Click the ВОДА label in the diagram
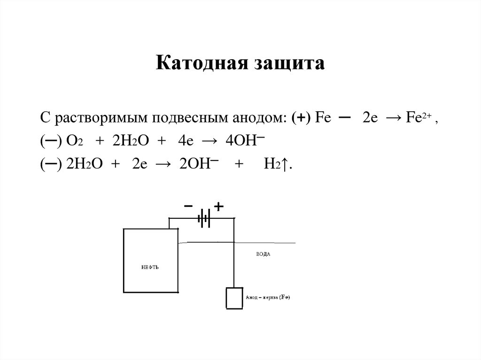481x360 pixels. (x=264, y=254)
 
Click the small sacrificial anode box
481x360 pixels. (x=233, y=298)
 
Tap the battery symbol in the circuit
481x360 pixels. (x=204, y=219)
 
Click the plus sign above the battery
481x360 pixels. (x=218, y=206)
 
